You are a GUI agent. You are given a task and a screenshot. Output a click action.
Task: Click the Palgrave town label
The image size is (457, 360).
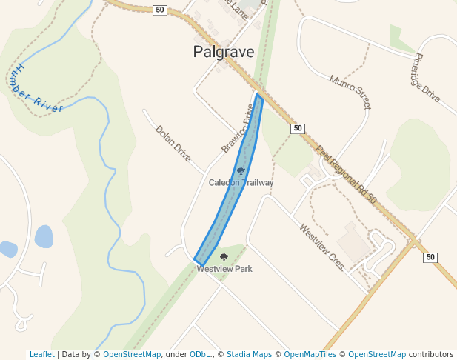tap(223, 52)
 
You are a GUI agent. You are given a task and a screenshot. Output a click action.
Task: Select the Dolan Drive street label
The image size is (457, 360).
tap(173, 143)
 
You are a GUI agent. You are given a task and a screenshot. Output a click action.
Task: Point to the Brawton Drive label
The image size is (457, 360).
tap(238, 128)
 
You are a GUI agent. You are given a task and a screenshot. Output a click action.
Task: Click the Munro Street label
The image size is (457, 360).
tap(350, 92)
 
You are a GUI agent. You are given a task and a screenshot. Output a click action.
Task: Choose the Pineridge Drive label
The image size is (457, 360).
tap(427, 77)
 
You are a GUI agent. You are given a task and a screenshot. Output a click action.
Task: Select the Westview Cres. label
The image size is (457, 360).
tap(322, 247)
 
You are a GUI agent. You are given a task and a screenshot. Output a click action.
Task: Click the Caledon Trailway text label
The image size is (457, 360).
tap(241, 183)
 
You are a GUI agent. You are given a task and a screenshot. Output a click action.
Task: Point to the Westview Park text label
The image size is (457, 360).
tap(224, 269)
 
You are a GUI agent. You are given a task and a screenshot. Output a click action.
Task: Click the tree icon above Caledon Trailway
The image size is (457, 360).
tap(241, 171)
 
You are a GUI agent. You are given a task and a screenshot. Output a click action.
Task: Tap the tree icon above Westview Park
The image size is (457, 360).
tap(224, 257)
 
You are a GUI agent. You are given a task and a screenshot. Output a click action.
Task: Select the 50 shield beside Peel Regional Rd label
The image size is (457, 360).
tap(298, 128)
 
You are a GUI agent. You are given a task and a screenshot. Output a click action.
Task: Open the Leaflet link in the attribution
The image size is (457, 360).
tap(41, 355)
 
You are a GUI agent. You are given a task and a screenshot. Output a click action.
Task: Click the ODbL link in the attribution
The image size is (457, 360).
tap(199, 355)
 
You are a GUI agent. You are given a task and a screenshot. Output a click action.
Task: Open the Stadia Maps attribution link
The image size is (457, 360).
tap(249, 355)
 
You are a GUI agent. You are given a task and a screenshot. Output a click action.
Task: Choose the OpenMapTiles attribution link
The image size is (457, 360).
tap(310, 355)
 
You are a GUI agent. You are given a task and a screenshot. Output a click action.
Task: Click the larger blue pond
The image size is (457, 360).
tap(44, 236)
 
